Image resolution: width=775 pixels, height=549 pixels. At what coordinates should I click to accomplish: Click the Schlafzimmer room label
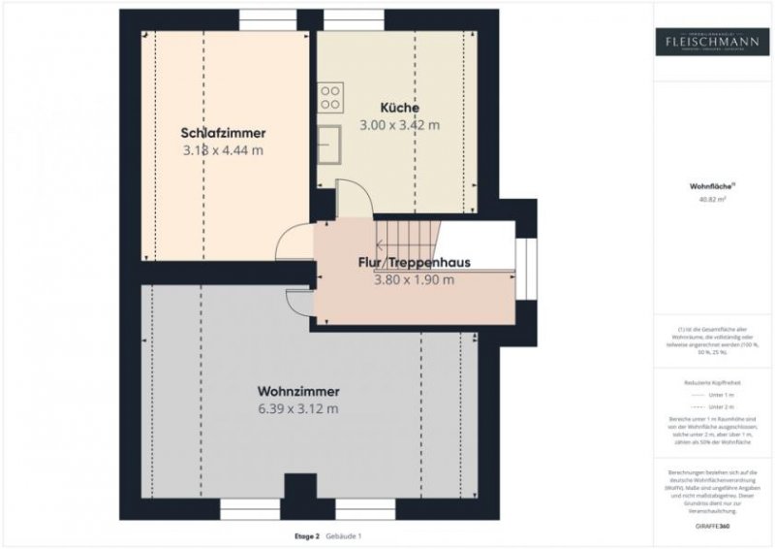point(223,133)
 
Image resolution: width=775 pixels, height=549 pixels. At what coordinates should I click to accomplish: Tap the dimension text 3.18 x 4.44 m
point(223,150)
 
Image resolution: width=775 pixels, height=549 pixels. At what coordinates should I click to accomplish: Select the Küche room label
point(399,108)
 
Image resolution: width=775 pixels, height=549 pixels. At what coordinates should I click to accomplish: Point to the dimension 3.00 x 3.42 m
point(399,125)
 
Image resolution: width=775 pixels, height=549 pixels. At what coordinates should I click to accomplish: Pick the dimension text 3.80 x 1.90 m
point(414,280)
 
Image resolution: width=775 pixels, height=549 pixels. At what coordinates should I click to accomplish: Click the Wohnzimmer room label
point(298,391)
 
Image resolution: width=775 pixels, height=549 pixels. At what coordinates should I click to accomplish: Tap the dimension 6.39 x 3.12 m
point(298,408)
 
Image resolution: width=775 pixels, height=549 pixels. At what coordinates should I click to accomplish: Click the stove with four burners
point(329,97)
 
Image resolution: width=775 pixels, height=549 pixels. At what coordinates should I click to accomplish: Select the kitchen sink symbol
point(330,144)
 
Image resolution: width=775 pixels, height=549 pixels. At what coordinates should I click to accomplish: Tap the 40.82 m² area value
point(712,200)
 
